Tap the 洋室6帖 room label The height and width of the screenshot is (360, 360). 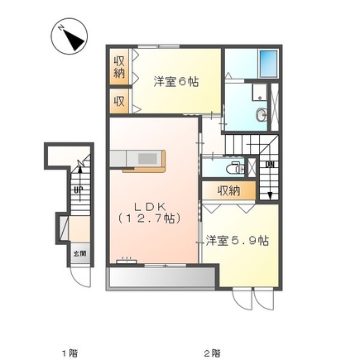click(175, 82)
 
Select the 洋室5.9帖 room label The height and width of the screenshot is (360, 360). click(237, 240)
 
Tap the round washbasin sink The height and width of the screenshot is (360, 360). click(262, 116)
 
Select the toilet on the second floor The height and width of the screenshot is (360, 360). click(237, 168)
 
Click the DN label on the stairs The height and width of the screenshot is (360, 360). click(270, 165)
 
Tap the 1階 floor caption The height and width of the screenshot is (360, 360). click(69, 352)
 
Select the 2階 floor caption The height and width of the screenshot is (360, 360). click(214, 352)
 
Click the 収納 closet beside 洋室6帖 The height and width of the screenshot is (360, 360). click(119, 68)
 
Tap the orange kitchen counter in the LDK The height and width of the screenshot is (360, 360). click(145, 161)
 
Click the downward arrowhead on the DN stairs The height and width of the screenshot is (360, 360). click(270, 196)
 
